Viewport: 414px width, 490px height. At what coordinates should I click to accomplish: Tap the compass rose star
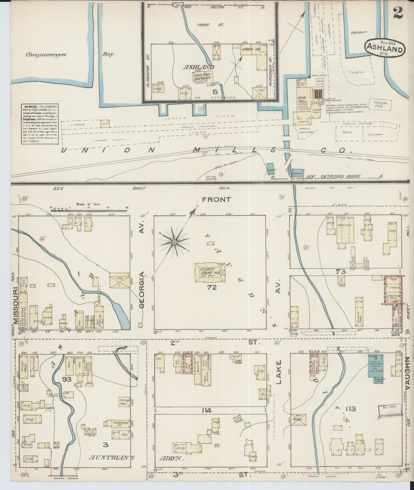174,242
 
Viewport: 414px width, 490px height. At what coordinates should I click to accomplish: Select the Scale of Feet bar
89,210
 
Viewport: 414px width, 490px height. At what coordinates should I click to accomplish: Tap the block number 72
212,288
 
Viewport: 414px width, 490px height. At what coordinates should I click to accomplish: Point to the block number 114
206,411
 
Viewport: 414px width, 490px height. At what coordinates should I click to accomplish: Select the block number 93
66,380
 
